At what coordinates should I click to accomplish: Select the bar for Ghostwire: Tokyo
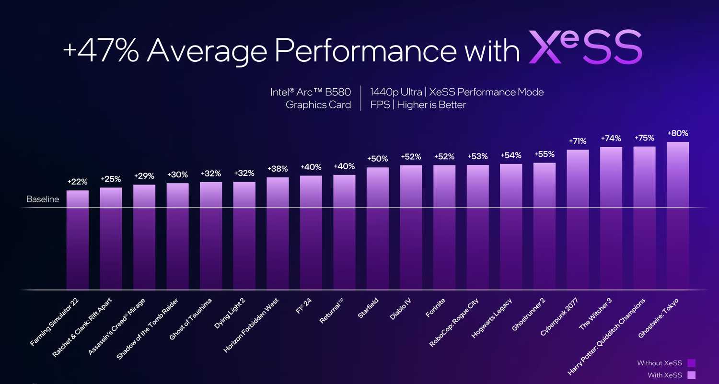pos(677,216)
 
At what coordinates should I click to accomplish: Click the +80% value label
pos(677,133)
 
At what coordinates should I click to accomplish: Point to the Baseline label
pos(43,199)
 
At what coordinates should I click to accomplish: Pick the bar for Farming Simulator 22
pos(77,240)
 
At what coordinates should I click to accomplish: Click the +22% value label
pos(77,182)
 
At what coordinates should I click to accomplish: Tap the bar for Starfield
pos(377,228)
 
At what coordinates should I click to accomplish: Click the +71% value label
pos(578,141)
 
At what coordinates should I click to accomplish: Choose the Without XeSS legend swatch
pos(691,363)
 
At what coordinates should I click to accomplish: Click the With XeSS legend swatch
pos(691,375)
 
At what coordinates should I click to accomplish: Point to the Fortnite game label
pos(435,308)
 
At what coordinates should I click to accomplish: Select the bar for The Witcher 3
pos(611,218)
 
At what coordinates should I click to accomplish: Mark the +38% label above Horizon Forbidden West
pos(278,169)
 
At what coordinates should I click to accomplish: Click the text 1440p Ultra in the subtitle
pos(396,92)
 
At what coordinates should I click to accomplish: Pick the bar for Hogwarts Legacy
pos(510,227)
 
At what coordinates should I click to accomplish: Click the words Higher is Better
pos(431,105)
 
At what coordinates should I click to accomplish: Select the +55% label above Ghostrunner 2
pos(544,154)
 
